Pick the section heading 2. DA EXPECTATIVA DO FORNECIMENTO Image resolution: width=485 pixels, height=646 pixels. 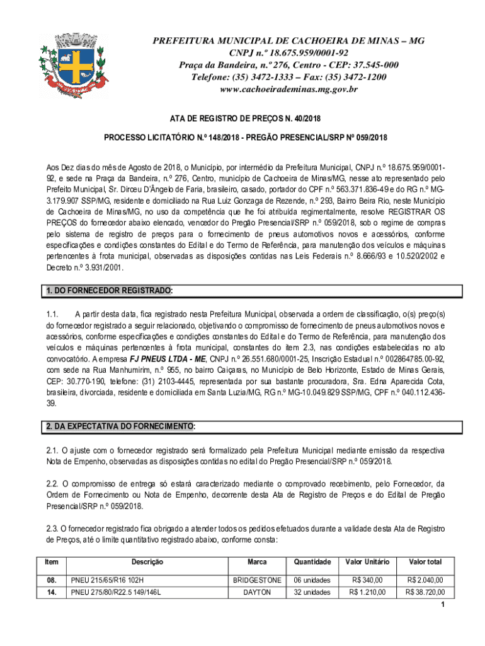(x=120, y=427)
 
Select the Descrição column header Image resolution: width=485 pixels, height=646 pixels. (x=147, y=561)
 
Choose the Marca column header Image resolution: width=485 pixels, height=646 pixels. (x=257, y=561)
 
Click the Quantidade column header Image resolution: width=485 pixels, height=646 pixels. (x=312, y=561)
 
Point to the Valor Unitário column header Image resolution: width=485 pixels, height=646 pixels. (x=367, y=561)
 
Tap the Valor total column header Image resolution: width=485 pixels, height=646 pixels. (x=425, y=561)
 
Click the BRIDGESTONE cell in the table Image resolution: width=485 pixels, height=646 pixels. (x=257, y=580)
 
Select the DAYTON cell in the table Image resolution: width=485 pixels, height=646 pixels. (x=257, y=592)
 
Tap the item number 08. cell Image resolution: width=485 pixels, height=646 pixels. (x=51, y=580)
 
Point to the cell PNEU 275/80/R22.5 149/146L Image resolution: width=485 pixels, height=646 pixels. (x=116, y=592)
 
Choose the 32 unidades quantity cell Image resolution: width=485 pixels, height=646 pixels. (x=312, y=592)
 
